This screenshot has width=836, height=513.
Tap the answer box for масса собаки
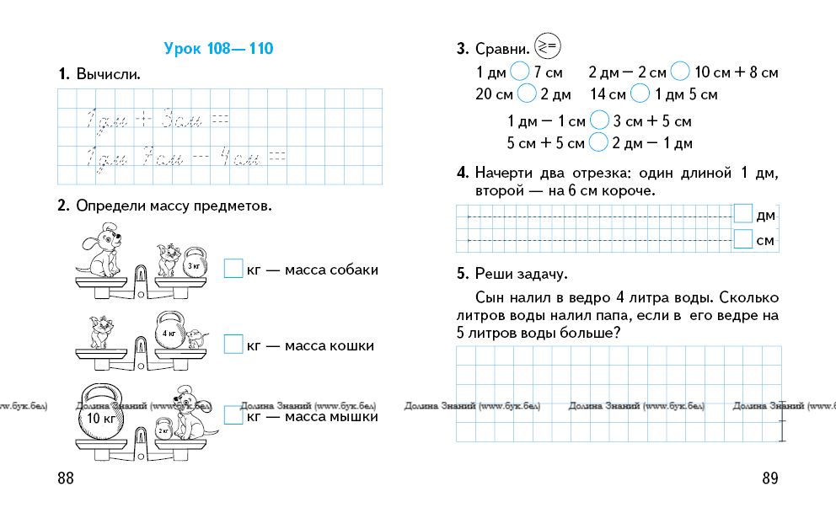pyautogui.click(x=233, y=270)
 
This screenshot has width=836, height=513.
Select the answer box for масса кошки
pyautogui.click(x=233, y=345)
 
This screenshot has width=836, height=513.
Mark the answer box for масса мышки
pyautogui.click(x=233, y=415)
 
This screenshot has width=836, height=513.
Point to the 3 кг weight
pyautogui.click(x=194, y=262)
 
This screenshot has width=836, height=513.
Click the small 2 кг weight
pyautogui.click(x=163, y=429)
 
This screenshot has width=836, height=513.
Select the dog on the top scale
pyautogui.click(x=101, y=248)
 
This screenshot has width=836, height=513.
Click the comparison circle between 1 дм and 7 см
pyautogui.click(x=521, y=72)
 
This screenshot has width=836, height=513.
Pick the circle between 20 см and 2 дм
pyautogui.click(x=528, y=94)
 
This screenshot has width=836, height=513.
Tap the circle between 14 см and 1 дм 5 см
pyautogui.click(x=640, y=94)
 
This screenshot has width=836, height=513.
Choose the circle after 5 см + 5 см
pyautogui.click(x=598, y=142)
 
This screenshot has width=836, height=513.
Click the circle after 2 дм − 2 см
pyautogui.click(x=680, y=72)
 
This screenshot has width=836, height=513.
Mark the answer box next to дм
pyautogui.click(x=742, y=215)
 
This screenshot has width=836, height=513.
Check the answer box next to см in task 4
pyautogui.click(x=742, y=241)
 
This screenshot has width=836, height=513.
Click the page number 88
pyautogui.click(x=66, y=478)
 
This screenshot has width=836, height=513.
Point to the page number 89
pyautogui.click(x=769, y=478)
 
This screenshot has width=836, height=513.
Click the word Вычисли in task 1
pyautogui.click(x=108, y=75)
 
